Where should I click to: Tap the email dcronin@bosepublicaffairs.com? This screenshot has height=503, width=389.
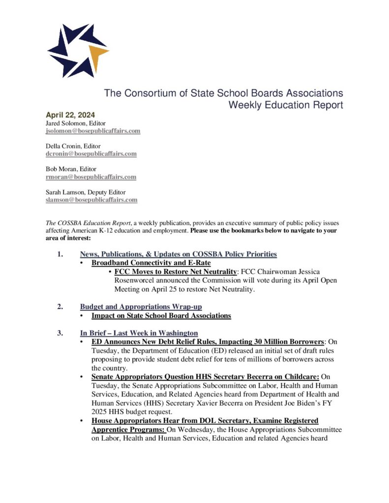tap(91, 154)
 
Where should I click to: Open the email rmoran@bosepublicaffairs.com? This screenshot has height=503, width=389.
tap(91, 177)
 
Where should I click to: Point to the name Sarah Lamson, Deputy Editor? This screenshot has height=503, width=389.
tap(86, 192)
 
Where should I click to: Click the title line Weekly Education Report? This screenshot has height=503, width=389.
tap(286, 105)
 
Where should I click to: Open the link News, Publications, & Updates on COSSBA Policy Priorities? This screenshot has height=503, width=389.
tap(179, 254)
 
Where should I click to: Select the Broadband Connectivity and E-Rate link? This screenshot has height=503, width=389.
tap(151, 263)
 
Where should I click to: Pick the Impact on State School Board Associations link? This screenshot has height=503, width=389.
tap(161, 315)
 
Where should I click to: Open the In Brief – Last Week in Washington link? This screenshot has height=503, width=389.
tap(139, 333)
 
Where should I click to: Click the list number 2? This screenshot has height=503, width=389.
tap(60, 307)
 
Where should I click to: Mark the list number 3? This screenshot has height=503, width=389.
tap(60, 333)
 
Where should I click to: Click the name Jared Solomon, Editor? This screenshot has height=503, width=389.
tap(76, 123)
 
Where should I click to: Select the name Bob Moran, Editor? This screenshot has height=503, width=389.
tap(72, 169)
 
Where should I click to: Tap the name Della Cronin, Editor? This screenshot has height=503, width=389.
tap(74, 146)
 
